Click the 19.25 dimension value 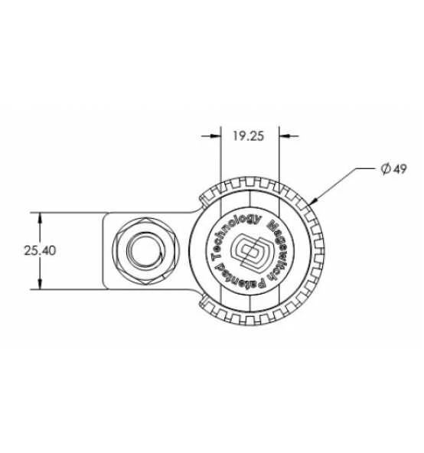pos(249,135)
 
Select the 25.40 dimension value pos(40,250)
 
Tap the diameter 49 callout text pos(393,168)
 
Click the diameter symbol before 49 pos(385,168)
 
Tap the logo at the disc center pos(250,250)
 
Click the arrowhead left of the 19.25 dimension pos(216,135)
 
